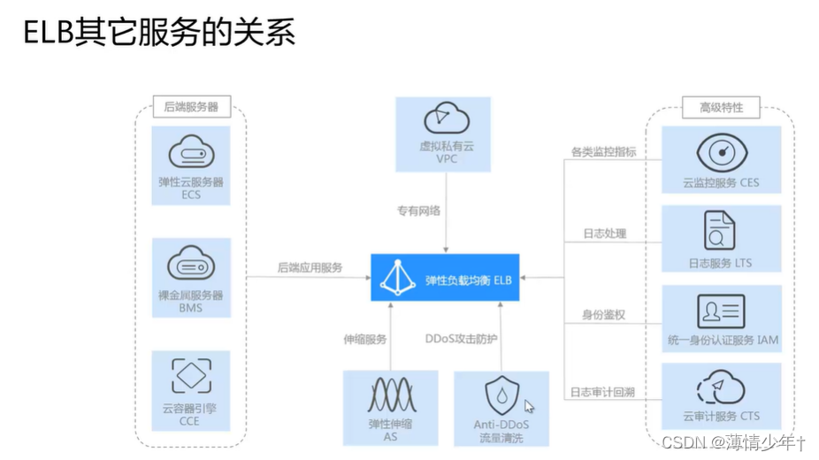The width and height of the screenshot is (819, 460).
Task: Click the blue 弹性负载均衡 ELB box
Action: coord(445,279)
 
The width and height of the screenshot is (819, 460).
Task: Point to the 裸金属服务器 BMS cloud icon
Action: coord(191,265)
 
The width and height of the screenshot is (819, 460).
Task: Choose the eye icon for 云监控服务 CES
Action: coord(722,152)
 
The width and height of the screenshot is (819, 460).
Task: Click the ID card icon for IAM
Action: coord(722,311)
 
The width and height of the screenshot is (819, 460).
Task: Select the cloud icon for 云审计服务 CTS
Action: coord(721,387)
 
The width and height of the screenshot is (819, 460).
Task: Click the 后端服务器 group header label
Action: coord(191,108)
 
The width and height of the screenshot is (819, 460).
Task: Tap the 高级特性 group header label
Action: coord(722,108)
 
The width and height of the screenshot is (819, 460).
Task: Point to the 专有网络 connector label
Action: coord(418,211)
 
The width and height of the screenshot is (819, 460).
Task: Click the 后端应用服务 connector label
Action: coord(310,267)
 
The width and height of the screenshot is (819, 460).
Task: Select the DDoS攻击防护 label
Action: coord(462,338)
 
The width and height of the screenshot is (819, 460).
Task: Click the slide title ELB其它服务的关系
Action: coord(157,33)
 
